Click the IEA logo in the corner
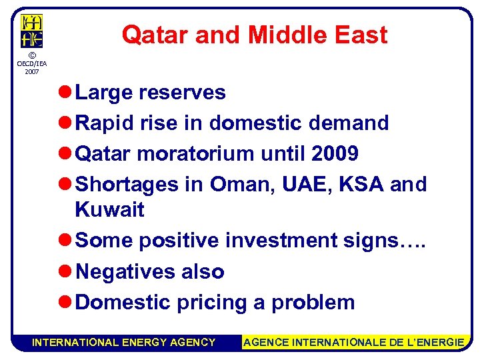31,31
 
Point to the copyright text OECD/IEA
31,65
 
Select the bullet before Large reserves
65,93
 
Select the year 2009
335,154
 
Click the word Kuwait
110,209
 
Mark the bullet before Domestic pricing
65,302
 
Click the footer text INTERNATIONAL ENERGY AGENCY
124,342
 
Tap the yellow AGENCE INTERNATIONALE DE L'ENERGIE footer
354,342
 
